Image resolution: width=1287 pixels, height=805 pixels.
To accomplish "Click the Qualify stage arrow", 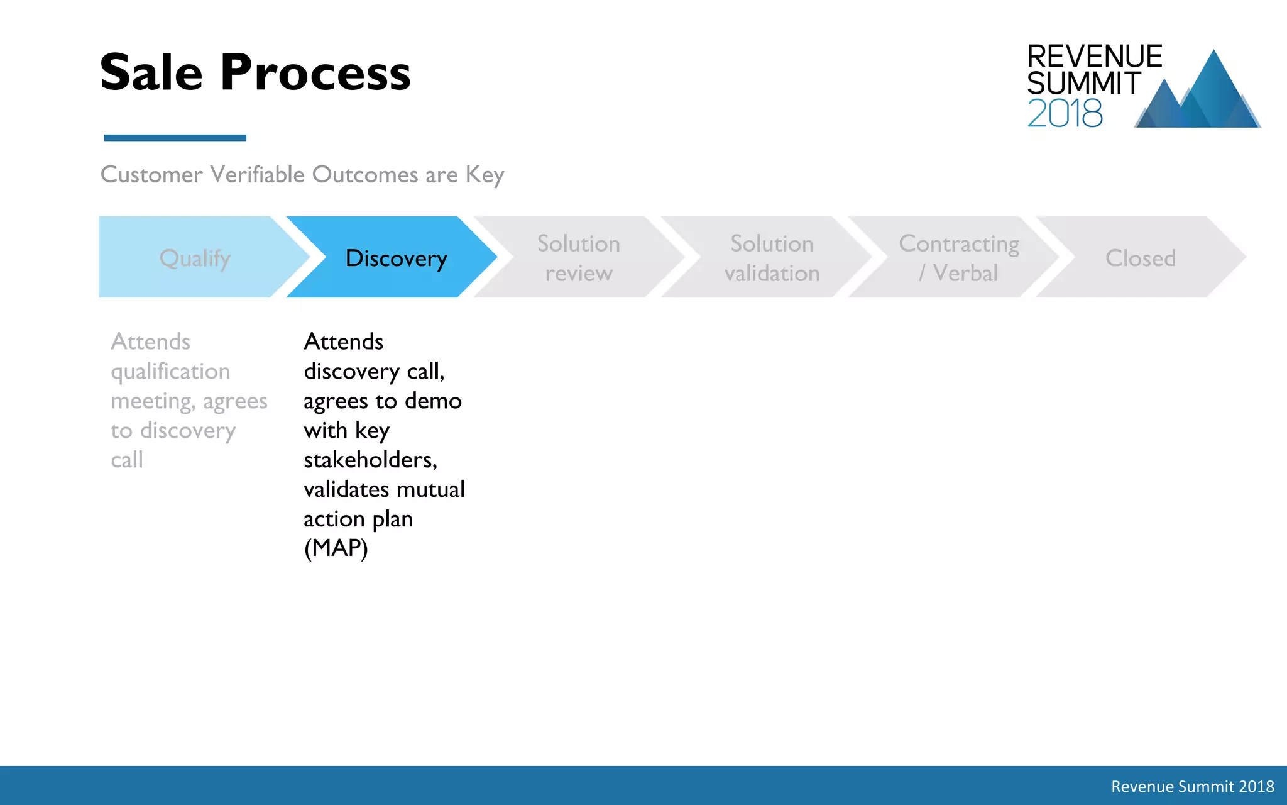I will (x=195, y=258).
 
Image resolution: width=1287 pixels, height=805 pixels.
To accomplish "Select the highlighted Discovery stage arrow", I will (x=396, y=258).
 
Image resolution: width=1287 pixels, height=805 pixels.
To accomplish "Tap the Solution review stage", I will (x=578, y=258).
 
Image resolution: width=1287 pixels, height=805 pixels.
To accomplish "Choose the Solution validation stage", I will (x=771, y=258).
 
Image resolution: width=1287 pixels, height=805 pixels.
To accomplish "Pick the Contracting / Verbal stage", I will (x=958, y=258).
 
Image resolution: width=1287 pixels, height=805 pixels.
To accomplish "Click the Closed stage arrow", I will (x=1140, y=258).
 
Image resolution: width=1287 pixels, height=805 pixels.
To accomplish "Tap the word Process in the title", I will (x=315, y=74).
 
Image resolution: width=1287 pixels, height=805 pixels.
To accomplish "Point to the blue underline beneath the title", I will (x=175, y=138).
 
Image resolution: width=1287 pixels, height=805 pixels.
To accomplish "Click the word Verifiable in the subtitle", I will (x=257, y=174).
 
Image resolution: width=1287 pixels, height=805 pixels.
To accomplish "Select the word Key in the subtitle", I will (x=485, y=175).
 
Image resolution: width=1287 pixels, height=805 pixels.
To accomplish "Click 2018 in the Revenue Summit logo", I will (x=1065, y=113).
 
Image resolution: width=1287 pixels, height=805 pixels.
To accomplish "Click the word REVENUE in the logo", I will (x=1094, y=57).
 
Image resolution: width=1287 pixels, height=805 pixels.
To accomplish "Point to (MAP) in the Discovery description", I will (x=336, y=548).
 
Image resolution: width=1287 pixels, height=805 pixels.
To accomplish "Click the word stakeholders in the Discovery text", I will (x=370, y=460).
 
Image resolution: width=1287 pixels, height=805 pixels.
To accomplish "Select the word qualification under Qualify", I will (x=170, y=372).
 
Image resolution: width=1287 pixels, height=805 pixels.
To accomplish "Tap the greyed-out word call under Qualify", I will (x=127, y=460).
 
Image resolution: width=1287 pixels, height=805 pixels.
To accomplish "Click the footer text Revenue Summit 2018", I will (x=1192, y=786).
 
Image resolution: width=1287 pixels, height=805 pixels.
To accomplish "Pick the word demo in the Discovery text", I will (x=433, y=401).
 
